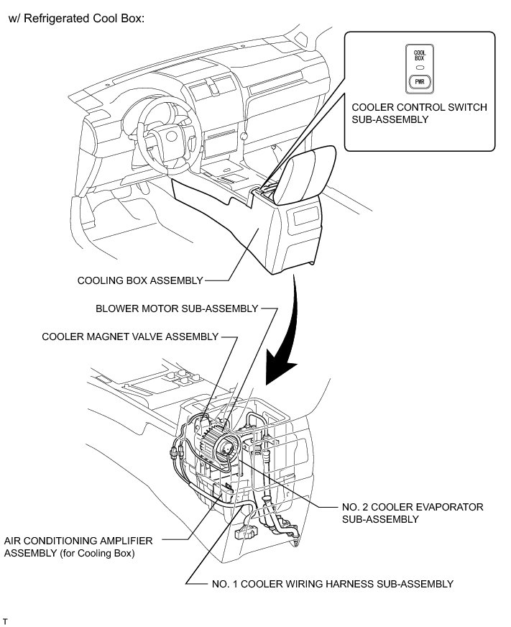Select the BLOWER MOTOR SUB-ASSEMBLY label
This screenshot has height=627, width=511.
click(x=177, y=308)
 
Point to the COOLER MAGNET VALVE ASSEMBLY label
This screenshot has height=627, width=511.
click(x=130, y=336)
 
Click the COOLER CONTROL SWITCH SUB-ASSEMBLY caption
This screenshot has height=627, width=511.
click(x=420, y=114)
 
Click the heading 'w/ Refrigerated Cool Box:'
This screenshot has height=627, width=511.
click(x=77, y=19)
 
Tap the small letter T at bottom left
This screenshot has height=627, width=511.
click(x=6, y=619)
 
